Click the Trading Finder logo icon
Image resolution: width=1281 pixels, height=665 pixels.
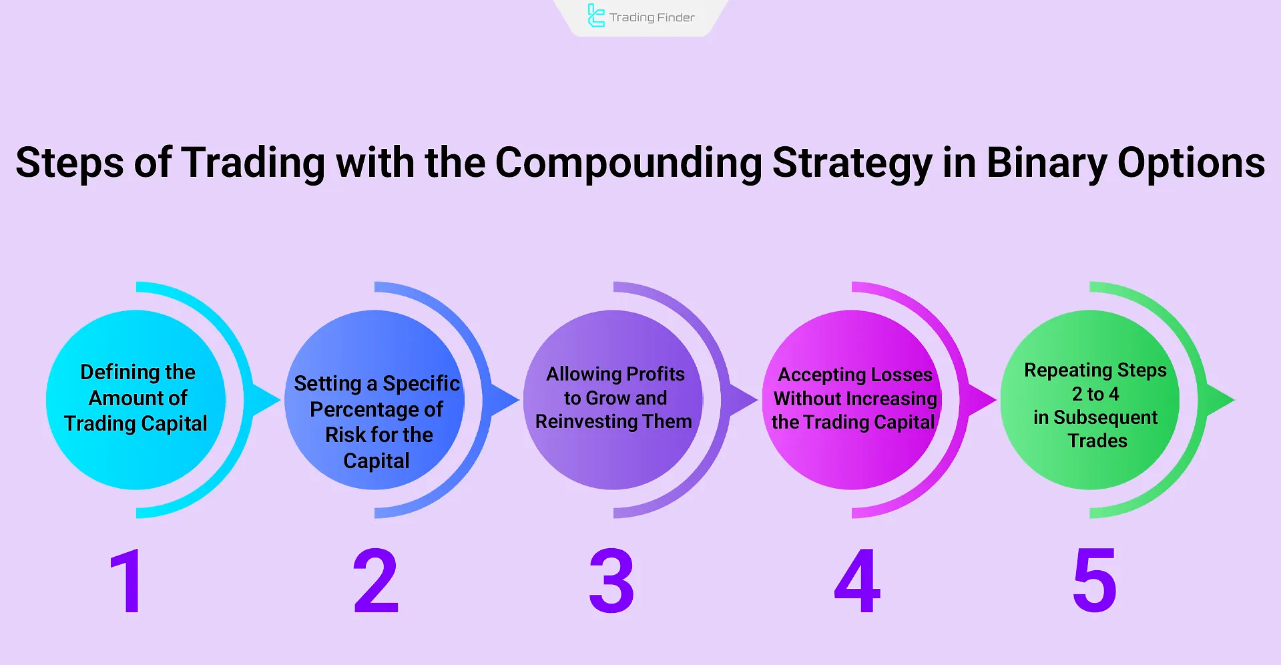tap(595, 16)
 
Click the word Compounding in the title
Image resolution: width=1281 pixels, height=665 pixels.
tap(628, 163)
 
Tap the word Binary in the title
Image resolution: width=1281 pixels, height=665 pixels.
tap(1046, 163)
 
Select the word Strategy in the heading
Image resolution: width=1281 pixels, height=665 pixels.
tap(852, 163)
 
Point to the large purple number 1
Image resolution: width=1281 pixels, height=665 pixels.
tap(127, 580)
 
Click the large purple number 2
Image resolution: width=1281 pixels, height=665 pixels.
tap(376, 580)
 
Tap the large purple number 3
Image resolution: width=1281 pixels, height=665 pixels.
tap(611, 580)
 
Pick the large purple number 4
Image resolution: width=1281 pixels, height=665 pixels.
tap(857, 580)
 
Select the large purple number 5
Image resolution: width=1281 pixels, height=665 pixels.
tap(1095, 580)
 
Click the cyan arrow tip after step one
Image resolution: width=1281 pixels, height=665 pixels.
tap(280, 400)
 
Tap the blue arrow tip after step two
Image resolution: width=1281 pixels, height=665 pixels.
tap(519, 400)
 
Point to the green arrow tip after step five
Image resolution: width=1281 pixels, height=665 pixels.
tap(1234, 400)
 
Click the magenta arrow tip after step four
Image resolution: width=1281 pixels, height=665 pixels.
tap(996, 400)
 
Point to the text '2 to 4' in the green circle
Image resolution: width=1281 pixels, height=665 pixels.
tap(1095, 394)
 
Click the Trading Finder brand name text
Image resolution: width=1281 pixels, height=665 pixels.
tap(652, 17)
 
